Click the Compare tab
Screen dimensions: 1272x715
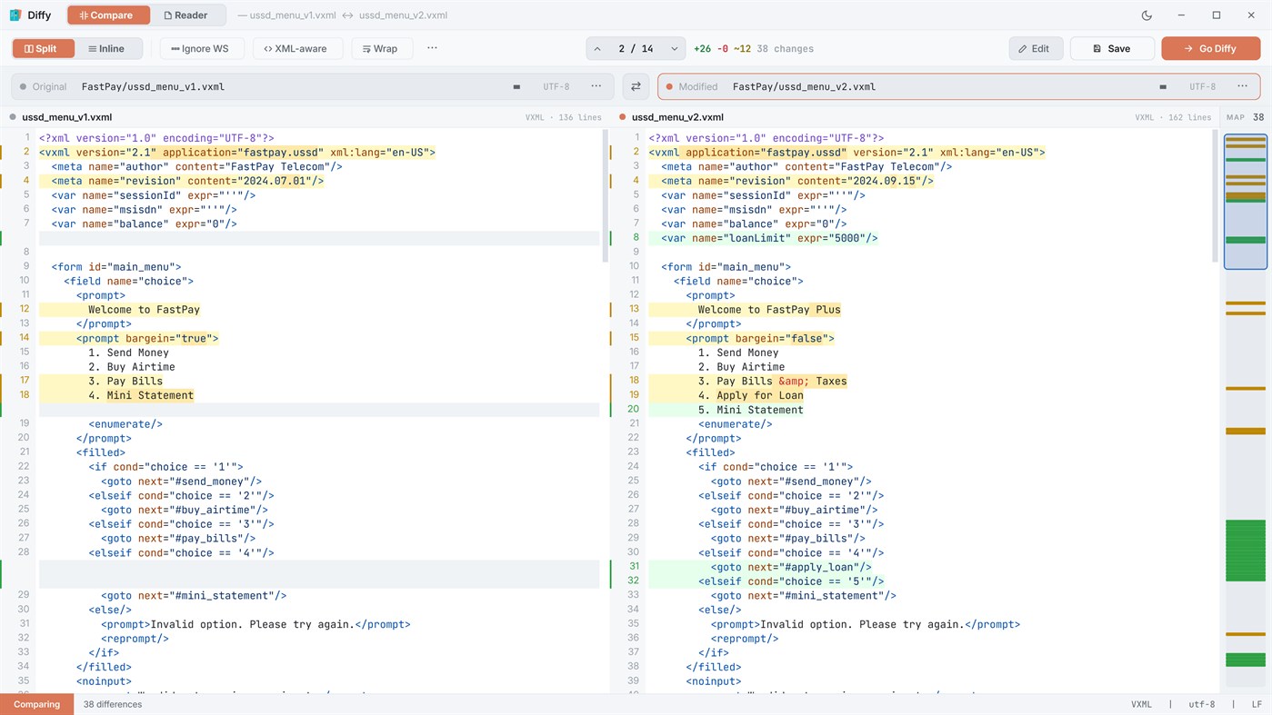[108, 15]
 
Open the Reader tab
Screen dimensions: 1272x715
[185, 15]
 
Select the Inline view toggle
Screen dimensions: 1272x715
[106, 49]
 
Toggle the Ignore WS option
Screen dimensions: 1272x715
[200, 49]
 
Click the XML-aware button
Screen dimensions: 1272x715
[296, 49]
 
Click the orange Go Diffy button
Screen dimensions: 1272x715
[1211, 49]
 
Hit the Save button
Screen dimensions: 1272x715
[1112, 49]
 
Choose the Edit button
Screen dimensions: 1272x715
[1036, 49]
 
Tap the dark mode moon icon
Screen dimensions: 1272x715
[1147, 15]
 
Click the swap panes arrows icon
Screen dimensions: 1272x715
[636, 87]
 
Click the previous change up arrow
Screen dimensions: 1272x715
[597, 49]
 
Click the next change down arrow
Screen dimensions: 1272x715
[674, 49]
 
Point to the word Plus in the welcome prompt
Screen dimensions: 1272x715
[828, 310]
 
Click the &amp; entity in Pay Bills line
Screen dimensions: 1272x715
[794, 382]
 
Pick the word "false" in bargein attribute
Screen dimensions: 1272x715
[806, 339]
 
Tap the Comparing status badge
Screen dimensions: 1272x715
[37, 704]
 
